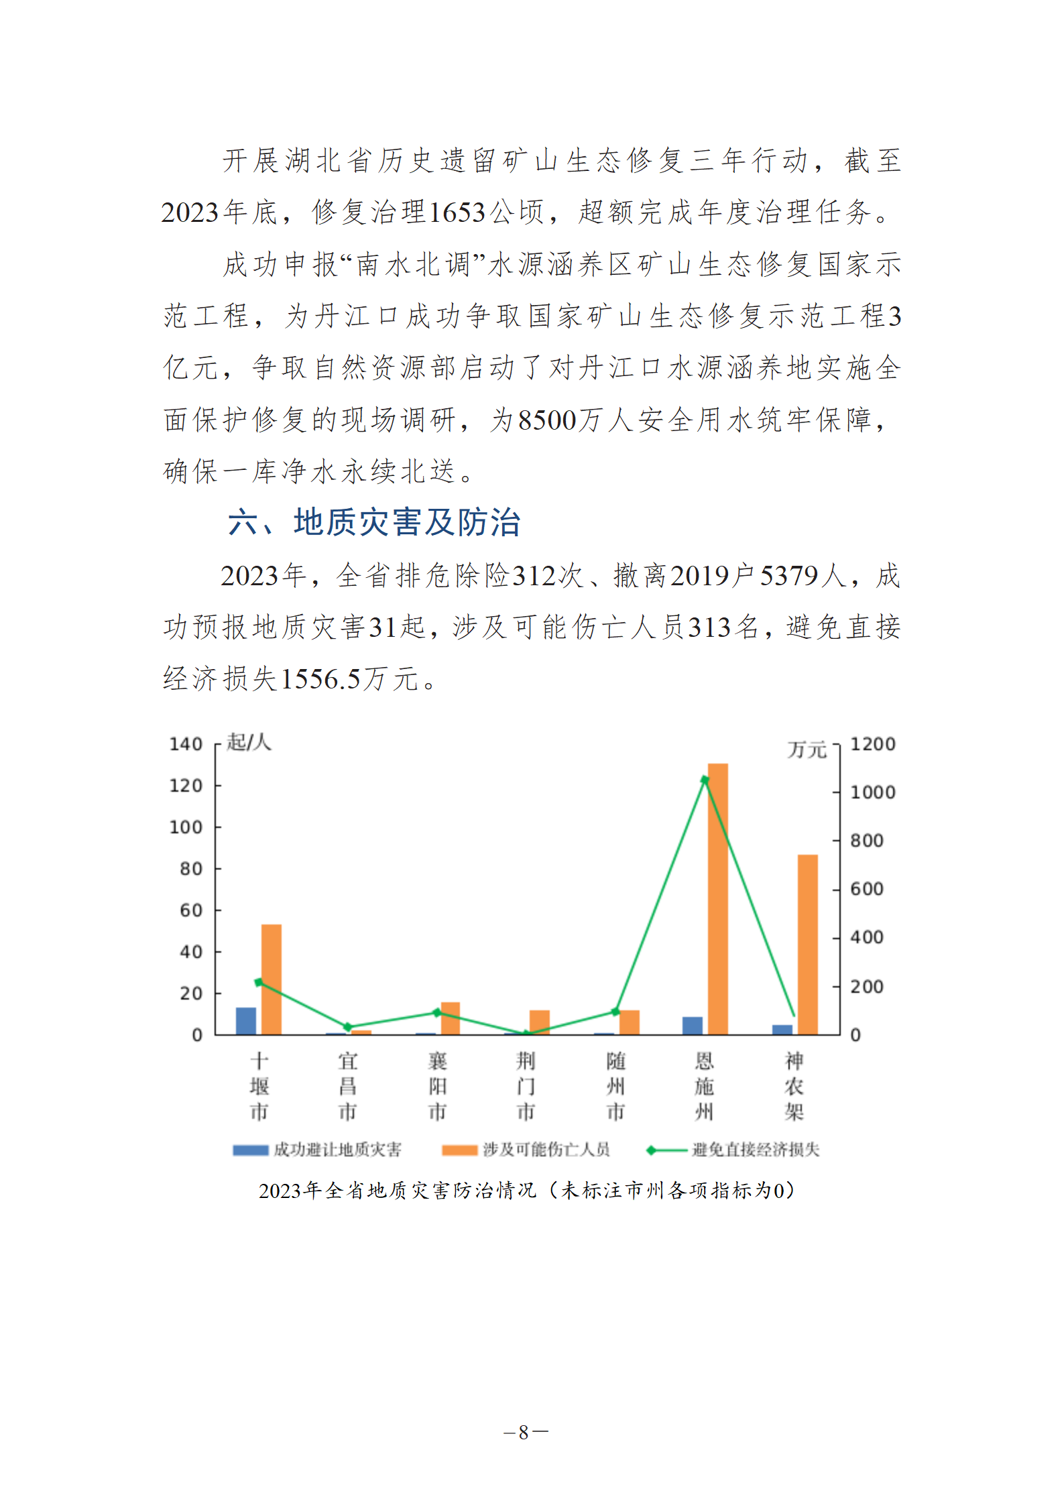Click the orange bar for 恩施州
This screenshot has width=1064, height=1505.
[x=717, y=898]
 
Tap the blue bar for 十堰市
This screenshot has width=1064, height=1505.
[x=246, y=1020]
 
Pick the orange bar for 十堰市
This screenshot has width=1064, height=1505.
[x=271, y=979]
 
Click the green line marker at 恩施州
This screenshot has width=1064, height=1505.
[x=705, y=780]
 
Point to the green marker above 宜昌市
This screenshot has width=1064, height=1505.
[x=347, y=1027]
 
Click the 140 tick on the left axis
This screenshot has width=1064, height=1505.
[x=186, y=744]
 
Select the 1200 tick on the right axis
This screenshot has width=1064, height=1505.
[x=872, y=744]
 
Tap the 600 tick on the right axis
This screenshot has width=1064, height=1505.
[x=866, y=889]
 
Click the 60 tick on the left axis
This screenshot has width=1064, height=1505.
[x=191, y=910]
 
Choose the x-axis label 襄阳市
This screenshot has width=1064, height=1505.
[x=437, y=1086]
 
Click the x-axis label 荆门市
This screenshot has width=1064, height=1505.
[x=526, y=1086]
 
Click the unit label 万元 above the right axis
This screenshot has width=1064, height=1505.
[x=807, y=749]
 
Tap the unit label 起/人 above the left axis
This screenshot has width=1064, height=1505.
[x=249, y=742]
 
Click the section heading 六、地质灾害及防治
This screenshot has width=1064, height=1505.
[x=374, y=522]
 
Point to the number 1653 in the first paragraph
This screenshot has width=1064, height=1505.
[x=457, y=213]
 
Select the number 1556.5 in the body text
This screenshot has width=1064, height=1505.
[x=320, y=679]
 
